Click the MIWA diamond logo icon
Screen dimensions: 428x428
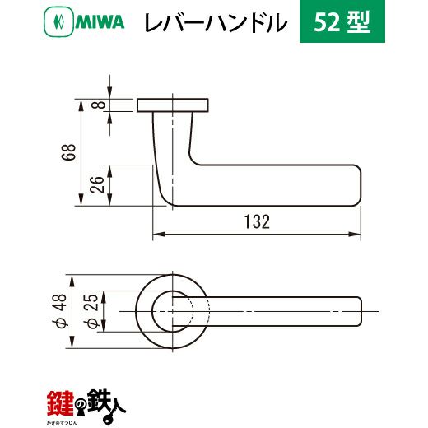coord(58,22)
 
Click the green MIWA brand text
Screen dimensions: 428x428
coord(100,22)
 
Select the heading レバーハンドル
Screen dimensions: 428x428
coord(216,22)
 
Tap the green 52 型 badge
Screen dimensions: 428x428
coord(342,21)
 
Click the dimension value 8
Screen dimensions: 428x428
coord(101,105)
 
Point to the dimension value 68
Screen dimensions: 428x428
coord(68,152)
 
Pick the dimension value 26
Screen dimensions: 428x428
coord(98,185)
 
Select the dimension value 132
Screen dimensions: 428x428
coord(257,221)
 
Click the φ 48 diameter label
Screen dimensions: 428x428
coord(61,311)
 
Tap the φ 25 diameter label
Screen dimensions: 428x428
coord(91,311)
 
